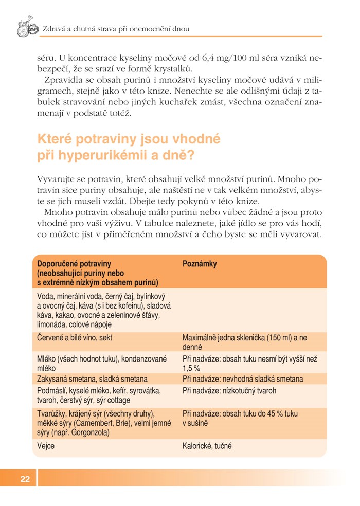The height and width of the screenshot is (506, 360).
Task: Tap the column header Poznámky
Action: click(200, 264)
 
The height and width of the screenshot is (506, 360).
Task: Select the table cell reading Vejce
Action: click(46, 446)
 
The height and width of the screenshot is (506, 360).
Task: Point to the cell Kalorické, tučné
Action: click(207, 446)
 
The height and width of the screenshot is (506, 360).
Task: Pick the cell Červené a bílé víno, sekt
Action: click(75, 338)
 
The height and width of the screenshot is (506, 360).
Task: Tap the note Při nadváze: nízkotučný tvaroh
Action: click(229, 390)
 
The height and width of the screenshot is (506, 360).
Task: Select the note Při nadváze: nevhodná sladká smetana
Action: click(242, 379)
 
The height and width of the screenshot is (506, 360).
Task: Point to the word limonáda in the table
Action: click(52, 324)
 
